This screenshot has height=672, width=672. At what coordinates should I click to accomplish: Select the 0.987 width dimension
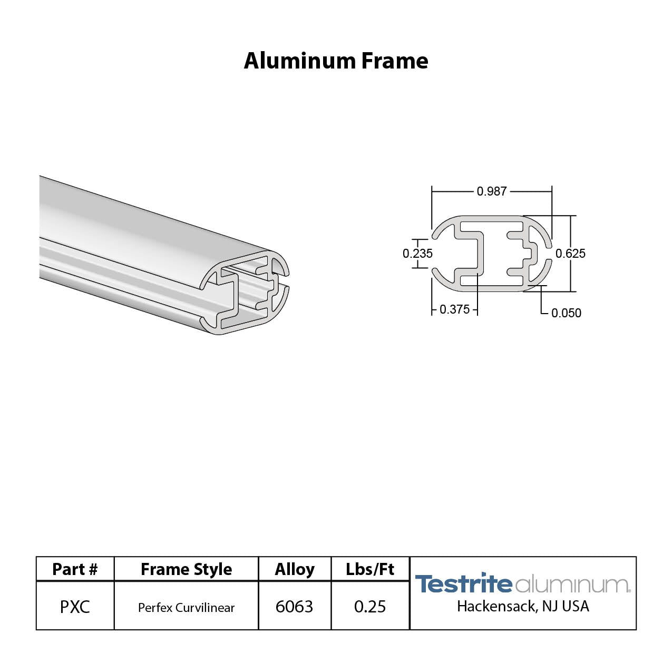click(x=491, y=191)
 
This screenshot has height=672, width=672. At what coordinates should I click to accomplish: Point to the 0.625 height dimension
click(x=570, y=254)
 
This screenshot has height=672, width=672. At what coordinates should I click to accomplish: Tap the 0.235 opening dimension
click(x=417, y=254)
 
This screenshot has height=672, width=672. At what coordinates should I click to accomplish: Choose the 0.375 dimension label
click(x=454, y=309)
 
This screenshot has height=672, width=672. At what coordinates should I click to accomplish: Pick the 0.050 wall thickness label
click(x=566, y=313)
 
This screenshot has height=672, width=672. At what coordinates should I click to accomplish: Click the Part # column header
click(x=75, y=569)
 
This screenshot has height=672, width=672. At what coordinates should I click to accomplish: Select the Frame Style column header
click(x=186, y=569)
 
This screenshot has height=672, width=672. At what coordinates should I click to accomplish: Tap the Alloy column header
click(x=295, y=569)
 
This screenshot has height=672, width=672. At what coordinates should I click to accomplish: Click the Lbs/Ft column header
click(x=370, y=569)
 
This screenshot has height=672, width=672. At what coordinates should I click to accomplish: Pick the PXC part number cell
click(x=75, y=607)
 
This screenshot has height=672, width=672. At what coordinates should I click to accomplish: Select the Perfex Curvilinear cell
click(x=186, y=608)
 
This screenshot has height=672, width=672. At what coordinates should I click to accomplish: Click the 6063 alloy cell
click(x=294, y=607)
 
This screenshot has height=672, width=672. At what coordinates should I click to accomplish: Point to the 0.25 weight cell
click(x=370, y=607)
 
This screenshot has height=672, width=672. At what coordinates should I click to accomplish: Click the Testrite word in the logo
click(x=463, y=584)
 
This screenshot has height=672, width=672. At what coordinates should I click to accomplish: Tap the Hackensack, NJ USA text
click(x=523, y=607)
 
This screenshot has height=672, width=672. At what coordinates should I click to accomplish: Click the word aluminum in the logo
click(x=571, y=585)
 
